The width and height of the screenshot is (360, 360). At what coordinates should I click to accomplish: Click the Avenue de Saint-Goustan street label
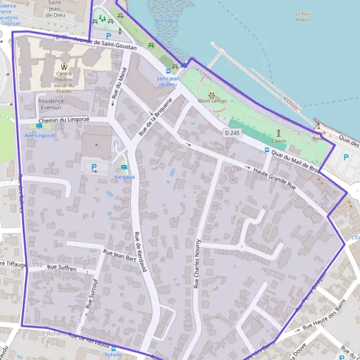105,43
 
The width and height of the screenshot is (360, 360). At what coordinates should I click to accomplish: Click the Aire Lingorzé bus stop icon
39,127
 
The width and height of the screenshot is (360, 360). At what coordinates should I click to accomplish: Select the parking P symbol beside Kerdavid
94,167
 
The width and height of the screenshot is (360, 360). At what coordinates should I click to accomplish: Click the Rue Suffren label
62,268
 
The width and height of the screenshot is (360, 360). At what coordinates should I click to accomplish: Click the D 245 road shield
232,132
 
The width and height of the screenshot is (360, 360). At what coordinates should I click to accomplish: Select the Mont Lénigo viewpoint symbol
211,94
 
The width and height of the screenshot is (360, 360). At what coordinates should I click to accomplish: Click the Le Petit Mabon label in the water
307,16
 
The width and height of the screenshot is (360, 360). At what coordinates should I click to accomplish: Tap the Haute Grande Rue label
275,178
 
